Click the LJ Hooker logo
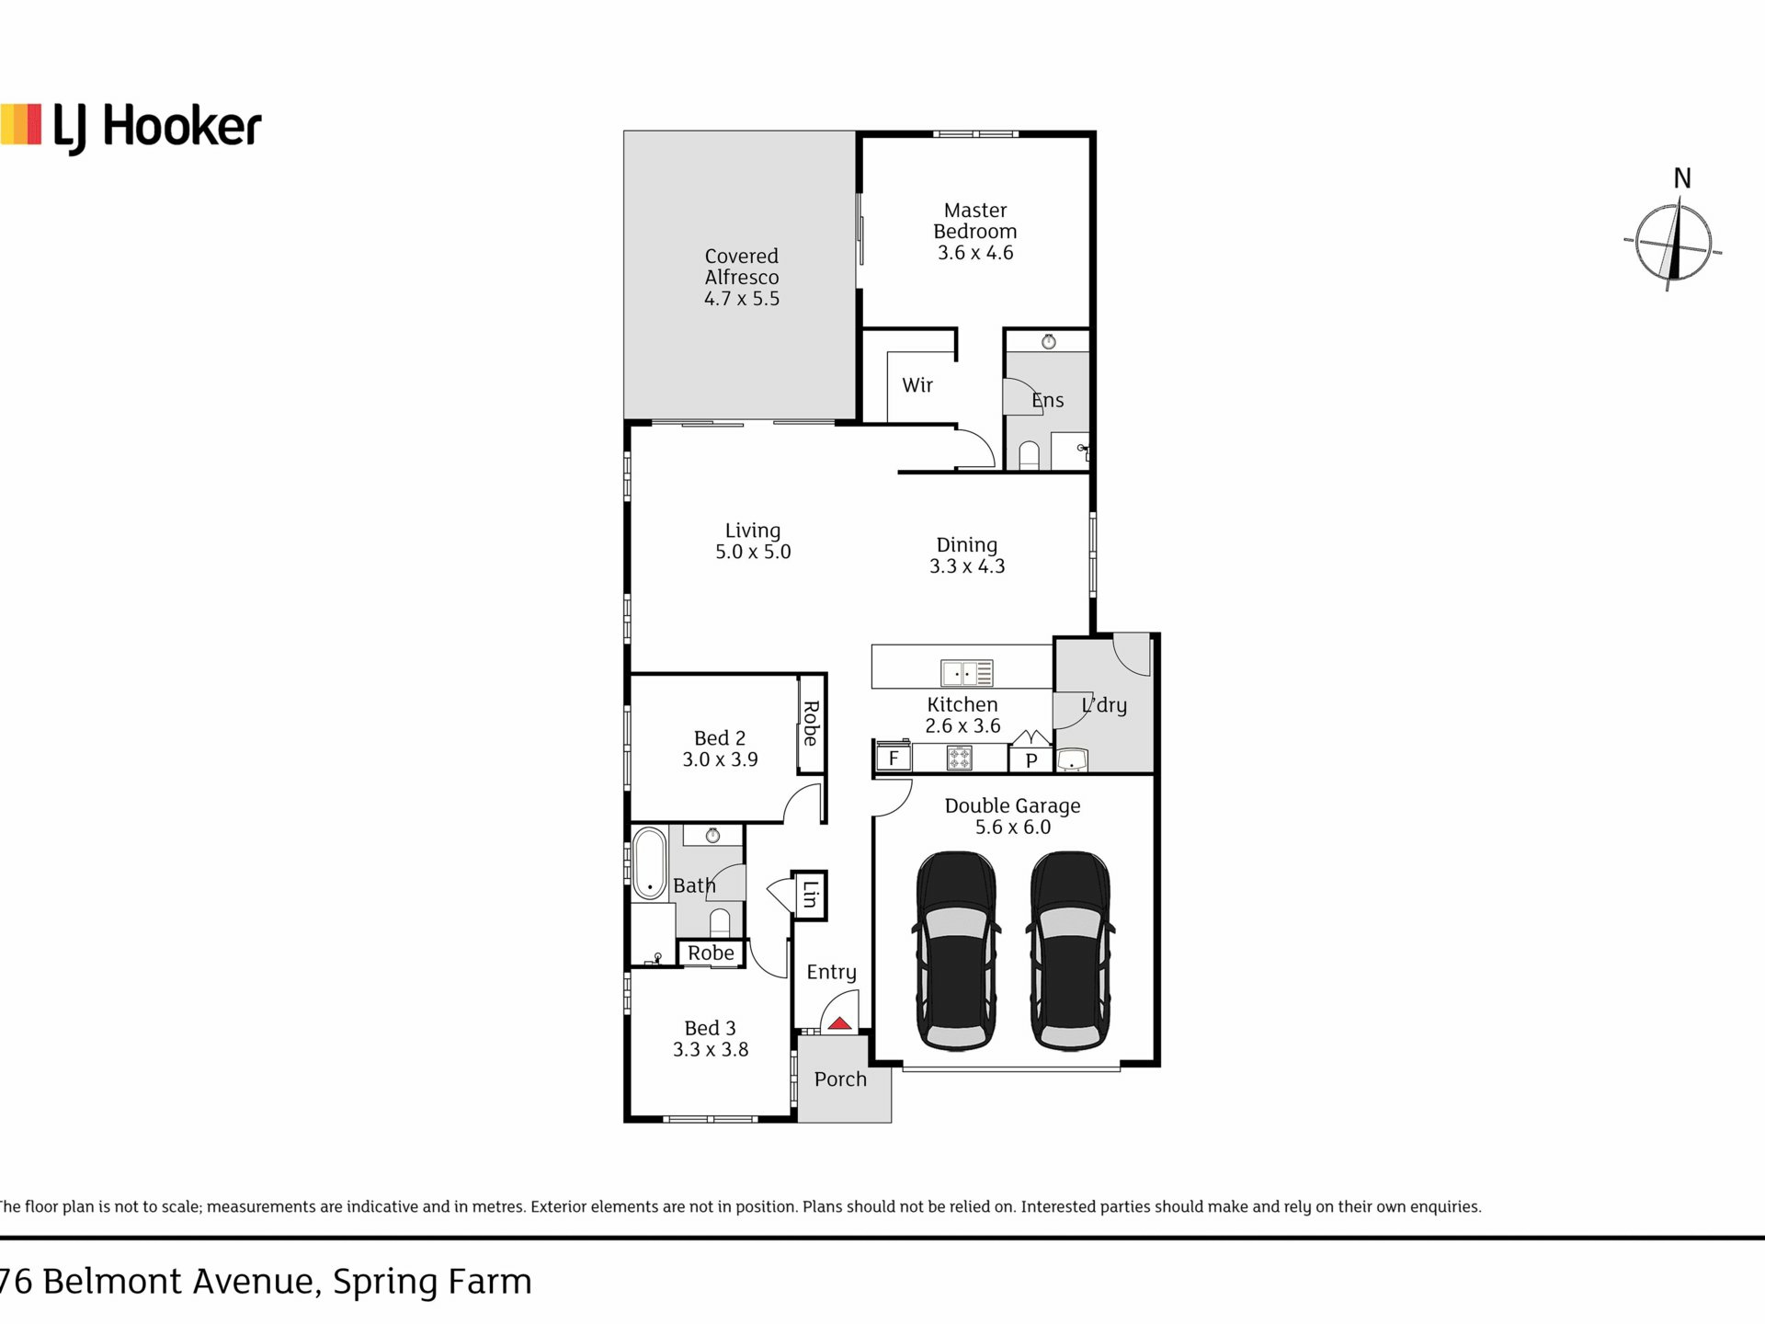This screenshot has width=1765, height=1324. (131, 128)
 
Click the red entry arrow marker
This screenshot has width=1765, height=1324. (838, 1023)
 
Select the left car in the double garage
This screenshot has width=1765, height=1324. (956, 951)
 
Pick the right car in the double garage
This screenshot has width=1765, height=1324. (1070, 951)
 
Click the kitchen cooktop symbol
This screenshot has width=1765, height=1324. (960, 759)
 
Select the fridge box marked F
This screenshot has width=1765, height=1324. (893, 759)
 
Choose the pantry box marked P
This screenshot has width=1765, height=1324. (1031, 760)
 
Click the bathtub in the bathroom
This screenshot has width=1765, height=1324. (649, 862)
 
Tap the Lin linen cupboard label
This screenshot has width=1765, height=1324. (810, 895)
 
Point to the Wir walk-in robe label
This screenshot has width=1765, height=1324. (917, 385)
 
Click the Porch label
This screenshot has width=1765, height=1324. (840, 1079)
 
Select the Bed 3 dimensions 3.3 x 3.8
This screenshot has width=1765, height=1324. (711, 1050)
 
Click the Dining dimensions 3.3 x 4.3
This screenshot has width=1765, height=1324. (967, 566)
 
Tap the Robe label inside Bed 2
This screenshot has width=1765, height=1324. (811, 724)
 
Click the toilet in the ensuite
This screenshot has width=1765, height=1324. (1030, 456)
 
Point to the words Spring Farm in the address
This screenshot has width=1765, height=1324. (432, 1282)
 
